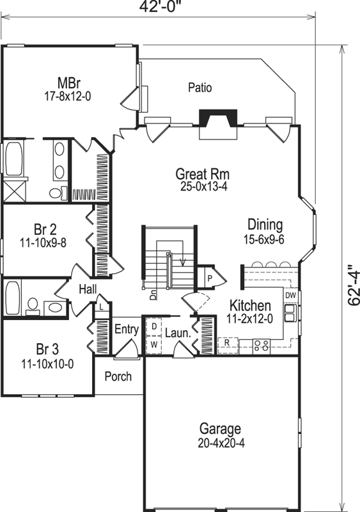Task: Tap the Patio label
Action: (x=200, y=88)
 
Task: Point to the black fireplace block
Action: (x=218, y=118)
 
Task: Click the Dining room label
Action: (x=265, y=225)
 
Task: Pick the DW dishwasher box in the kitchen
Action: (x=290, y=295)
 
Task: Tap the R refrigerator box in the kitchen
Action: (x=227, y=343)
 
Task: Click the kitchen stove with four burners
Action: (x=262, y=345)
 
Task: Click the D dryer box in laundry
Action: (x=153, y=326)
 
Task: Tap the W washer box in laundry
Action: (x=153, y=344)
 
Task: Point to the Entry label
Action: (x=126, y=330)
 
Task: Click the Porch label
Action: (x=118, y=376)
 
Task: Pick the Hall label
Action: (x=88, y=290)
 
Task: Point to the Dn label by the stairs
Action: (x=153, y=296)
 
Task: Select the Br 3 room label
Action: (x=47, y=349)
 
